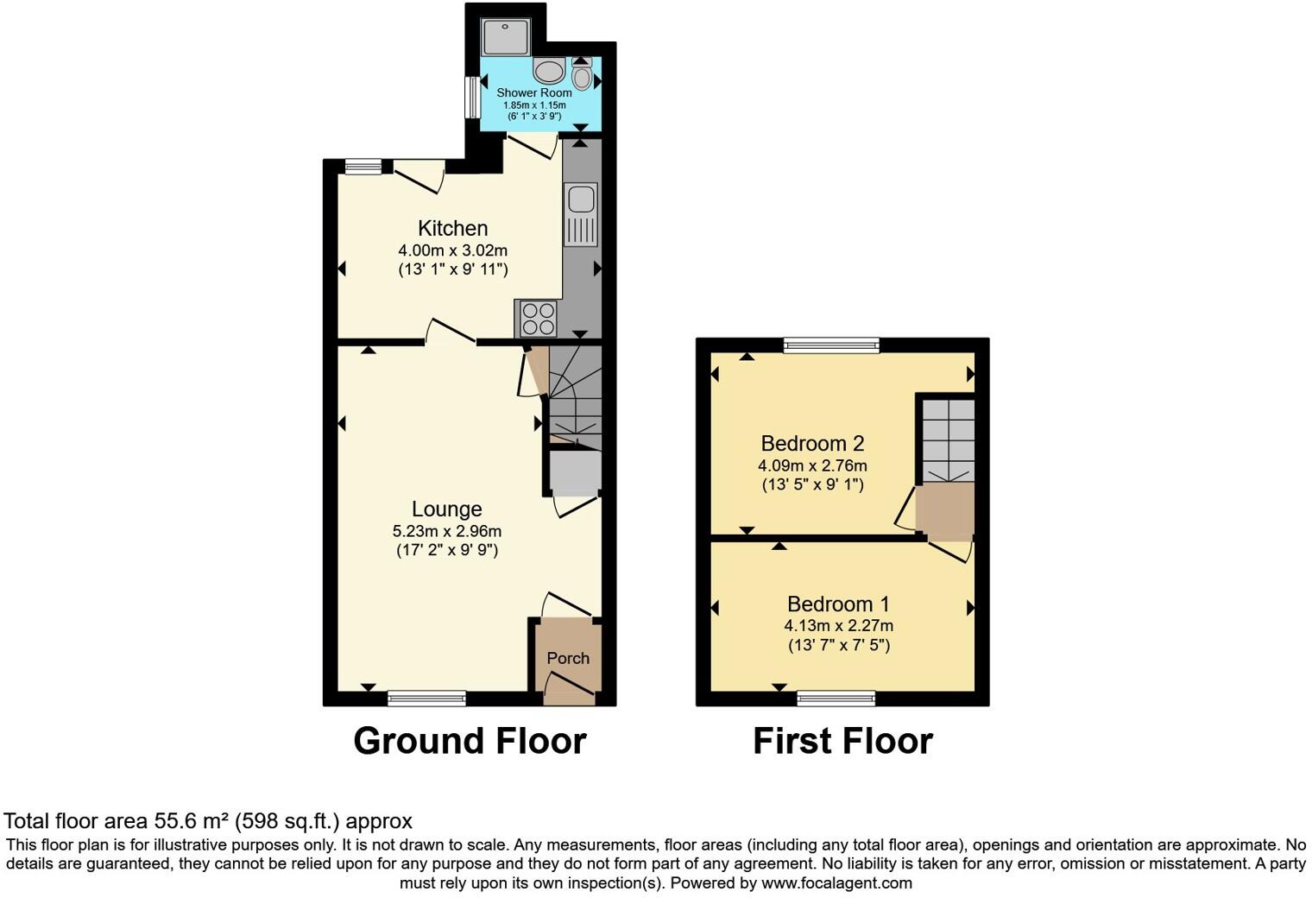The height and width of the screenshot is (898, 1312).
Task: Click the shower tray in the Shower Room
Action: [505, 36]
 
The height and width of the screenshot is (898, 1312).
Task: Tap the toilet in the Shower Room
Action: [582, 76]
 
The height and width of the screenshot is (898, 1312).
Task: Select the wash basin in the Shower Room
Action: [549, 70]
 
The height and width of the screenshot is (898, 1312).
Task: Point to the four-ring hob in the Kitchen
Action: [536, 318]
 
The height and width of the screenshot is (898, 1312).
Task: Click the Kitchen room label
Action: [452, 228]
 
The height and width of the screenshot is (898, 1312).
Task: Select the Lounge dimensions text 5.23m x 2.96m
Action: [446, 531]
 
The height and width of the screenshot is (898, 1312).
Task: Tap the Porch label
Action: [568, 658]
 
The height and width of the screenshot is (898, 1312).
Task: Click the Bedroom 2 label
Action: [812, 443]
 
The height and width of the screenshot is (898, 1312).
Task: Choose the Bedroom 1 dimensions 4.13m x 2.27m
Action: [838, 625]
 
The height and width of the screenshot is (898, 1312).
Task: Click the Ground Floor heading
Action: [470, 741]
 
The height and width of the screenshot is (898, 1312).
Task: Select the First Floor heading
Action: [842, 741]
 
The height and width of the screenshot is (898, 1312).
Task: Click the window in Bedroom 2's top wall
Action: [831, 345]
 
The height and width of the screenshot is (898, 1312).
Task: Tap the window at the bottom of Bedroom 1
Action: [836, 699]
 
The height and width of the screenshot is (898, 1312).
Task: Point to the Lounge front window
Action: [426, 699]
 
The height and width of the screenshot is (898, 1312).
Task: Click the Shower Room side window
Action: [472, 98]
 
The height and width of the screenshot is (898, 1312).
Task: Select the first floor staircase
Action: [946, 439]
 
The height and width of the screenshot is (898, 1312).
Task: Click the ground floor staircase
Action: [575, 397]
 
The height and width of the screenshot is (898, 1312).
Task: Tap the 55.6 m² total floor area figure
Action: [193, 821]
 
